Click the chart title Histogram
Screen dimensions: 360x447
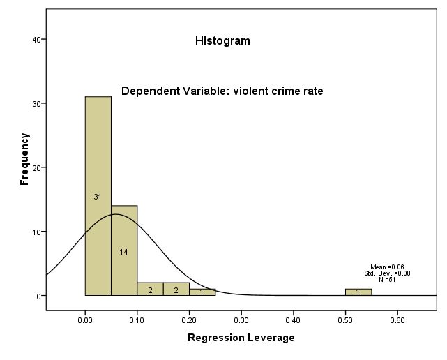222,41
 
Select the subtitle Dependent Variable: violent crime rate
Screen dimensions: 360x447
222,91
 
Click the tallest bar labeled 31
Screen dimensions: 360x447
98,196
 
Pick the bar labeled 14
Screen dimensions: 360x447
124,251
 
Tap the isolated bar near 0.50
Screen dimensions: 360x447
358,292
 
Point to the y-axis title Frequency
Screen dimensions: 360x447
25,159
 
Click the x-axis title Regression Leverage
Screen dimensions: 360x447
241,338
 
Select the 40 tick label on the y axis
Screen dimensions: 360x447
36,40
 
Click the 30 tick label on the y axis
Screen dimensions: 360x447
36,103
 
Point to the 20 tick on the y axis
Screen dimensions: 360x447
36,167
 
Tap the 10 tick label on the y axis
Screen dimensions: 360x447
36,232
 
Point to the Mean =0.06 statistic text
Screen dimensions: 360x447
387,267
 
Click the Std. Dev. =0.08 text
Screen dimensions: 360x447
387,273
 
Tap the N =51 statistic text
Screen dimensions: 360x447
387,280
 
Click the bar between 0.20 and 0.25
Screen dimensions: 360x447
202,292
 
